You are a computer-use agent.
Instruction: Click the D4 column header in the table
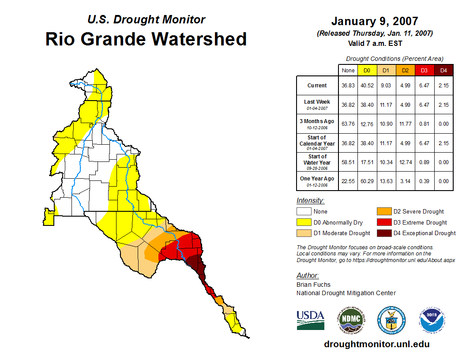tap(443, 71)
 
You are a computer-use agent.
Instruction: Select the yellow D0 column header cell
tap(367, 71)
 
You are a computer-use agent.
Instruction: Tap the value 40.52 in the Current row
tap(367, 86)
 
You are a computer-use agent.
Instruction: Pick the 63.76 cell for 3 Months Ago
tap(348, 124)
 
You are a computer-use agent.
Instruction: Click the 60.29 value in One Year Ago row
tap(367, 181)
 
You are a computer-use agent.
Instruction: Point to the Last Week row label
tap(317, 105)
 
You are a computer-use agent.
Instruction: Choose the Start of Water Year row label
tap(317, 162)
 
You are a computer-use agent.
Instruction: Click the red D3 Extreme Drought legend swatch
tap(383, 223)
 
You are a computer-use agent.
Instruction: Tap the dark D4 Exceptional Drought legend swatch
tap(383, 233)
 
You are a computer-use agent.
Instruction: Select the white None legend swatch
tap(304, 212)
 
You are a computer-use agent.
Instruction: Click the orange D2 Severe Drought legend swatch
tap(383, 212)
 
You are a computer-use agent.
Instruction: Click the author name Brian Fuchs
tap(313, 285)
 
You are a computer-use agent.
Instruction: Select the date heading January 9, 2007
tap(375, 21)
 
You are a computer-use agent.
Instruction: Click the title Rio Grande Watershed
tap(146, 39)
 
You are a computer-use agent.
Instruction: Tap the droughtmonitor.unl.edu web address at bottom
tap(376, 344)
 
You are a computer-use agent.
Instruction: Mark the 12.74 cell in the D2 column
tap(405, 162)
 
